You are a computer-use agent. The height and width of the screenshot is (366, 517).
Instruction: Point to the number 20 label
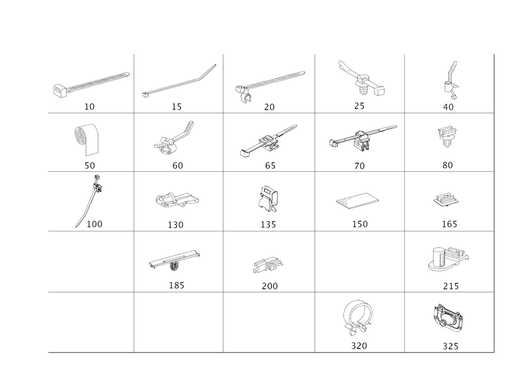tap(269, 107)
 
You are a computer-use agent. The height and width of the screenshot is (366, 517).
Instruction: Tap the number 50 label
tap(90, 166)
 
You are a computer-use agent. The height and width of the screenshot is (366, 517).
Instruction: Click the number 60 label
tap(178, 166)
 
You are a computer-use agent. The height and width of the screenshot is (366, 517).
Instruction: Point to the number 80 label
tap(448, 166)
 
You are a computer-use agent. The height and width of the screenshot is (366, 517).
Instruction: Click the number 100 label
tap(94, 224)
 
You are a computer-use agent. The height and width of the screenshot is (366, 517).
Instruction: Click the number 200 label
tap(269, 285)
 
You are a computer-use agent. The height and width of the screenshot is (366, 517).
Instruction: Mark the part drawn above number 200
tap(267, 265)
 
